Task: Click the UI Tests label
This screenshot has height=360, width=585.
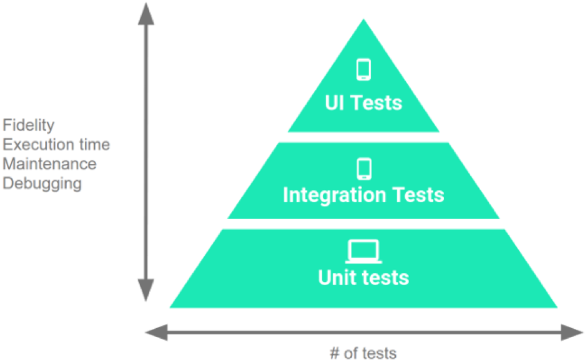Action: (363, 102)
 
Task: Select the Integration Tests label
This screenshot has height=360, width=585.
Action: (363, 195)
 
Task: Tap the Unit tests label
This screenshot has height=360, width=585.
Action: (363, 276)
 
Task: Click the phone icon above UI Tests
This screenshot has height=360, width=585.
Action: (363, 69)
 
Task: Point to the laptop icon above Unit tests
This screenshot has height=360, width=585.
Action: (363, 251)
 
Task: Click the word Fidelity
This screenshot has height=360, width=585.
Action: (29, 125)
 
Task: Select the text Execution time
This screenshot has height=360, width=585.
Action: (56, 145)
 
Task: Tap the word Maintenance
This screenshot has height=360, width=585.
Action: (49, 164)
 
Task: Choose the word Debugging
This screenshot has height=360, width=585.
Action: (42, 184)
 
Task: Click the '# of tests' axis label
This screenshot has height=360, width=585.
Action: (363, 353)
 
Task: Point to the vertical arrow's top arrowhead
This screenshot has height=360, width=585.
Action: (145, 11)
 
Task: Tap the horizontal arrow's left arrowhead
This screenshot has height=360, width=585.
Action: (153, 332)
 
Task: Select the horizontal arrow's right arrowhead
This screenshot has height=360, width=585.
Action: (573, 332)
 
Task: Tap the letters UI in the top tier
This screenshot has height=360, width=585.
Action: (333, 102)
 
